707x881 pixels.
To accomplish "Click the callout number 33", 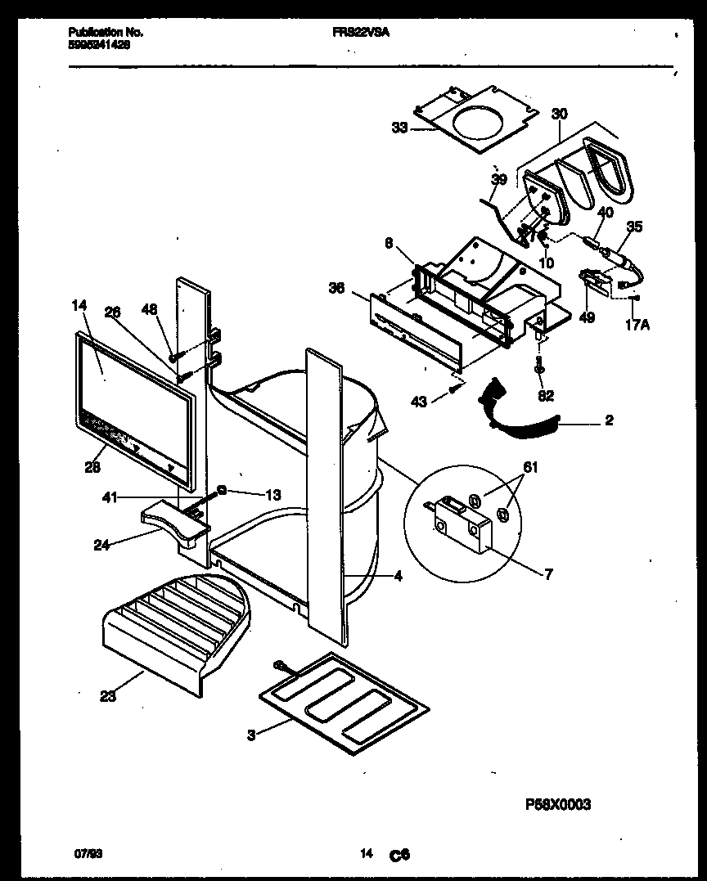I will click(x=399, y=127).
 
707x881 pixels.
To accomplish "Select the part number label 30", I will click(x=559, y=114).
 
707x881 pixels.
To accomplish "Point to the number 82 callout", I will click(x=547, y=395).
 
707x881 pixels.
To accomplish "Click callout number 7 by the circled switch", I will click(x=547, y=574).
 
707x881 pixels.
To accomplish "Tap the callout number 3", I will click(x=251, y=735).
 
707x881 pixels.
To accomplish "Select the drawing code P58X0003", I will click(x=557, y=804).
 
